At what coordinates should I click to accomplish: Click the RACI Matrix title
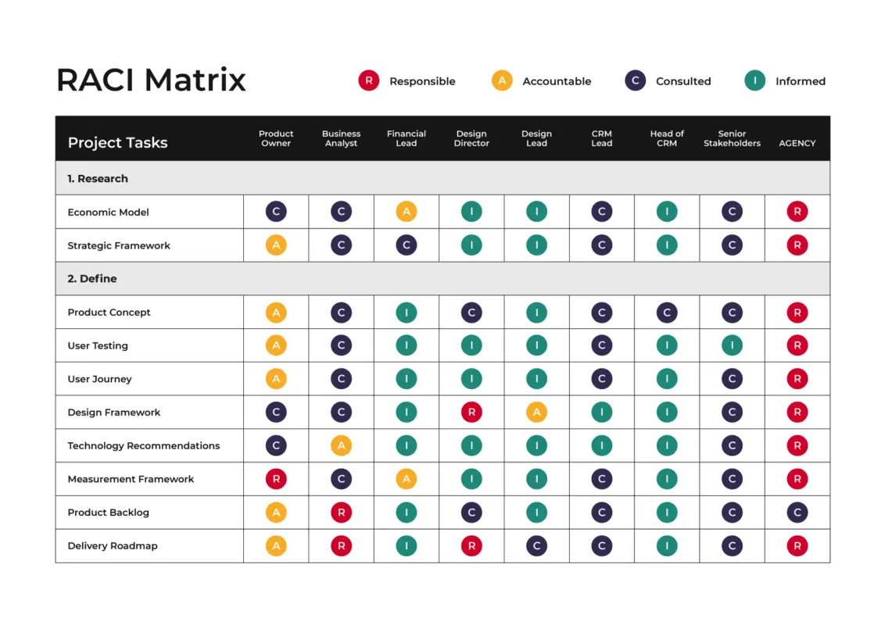click(x=151, y=80)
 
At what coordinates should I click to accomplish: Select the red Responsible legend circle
click(x=368, y=80)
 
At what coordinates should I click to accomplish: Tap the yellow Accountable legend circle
click(x=502, y=80)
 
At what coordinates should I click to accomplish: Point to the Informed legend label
click(x=800, y=81)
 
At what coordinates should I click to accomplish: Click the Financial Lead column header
click(x=407, y=138)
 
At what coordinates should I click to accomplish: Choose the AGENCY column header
click(x=797, y=143)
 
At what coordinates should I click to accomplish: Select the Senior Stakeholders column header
click(x=732, y=138)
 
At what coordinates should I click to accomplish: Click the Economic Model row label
click(x=108, y=212)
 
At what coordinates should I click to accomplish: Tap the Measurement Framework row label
click(x=131, y=479)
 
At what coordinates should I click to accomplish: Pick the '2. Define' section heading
click(x=92, y=279)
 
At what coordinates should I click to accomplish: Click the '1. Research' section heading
click(x=98, y=179)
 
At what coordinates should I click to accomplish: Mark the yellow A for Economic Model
click(x=407, y=212)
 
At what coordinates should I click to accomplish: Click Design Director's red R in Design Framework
click(x=471, y=412)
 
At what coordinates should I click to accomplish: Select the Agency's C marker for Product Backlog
click(x=797, y=512)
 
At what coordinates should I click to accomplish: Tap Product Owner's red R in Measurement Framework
click(x=276, y=479)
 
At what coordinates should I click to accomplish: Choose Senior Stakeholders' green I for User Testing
click(x=732, y=345)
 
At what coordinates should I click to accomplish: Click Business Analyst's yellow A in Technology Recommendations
click(x=341, y=445)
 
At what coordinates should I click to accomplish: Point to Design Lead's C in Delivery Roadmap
click(x=536, y=546)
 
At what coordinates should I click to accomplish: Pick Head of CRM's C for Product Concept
click(x=667, y=312)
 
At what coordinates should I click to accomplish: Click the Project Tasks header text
click(x=117, y=142)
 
